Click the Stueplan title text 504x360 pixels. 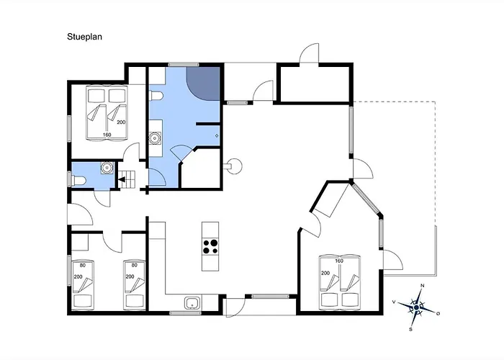coord(84,37)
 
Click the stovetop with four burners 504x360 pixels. coord(210,247)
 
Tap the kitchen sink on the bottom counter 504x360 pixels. coord(192,303)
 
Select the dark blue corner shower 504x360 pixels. coord(204,83)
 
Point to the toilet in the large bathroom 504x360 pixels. coord(156,96)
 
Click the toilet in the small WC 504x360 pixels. coord(78,180)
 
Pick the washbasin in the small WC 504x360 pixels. coord(107,168)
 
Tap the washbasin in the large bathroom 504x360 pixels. coord(156,138)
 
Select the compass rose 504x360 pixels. coord(416,307)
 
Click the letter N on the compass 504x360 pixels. coord(423,285)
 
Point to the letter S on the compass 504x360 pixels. coord(410,330)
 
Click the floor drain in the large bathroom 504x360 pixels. coord(217,135)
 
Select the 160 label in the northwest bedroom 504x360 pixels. coord(107,135)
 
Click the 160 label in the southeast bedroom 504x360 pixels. coord(339,261)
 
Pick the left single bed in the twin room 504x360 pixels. coord(83,284)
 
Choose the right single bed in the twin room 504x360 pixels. coord(135,284)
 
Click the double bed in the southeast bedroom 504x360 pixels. coord(340,281)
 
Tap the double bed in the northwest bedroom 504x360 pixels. coord(107,112)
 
